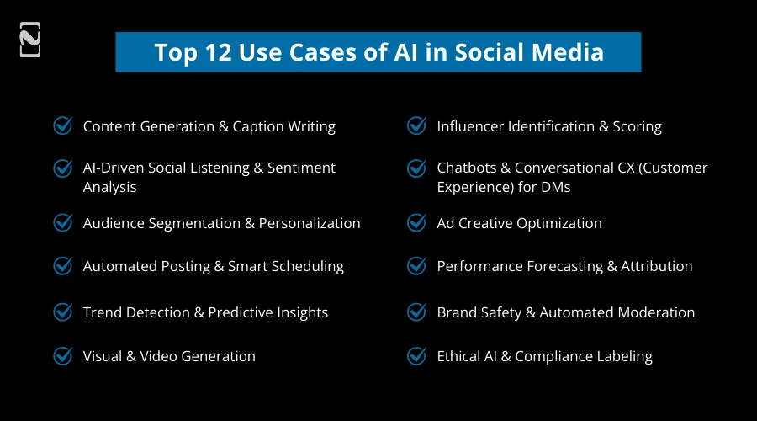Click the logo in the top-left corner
click(30, 40)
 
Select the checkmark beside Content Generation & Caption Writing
click(63, 125)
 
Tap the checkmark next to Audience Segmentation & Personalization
click(63, 222)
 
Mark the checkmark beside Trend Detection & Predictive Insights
click(63, 312)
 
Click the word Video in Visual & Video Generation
click(167, 356)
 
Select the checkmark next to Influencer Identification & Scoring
click(416, 125)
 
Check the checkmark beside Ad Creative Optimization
click(416, 222)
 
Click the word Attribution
click(656, 266)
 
